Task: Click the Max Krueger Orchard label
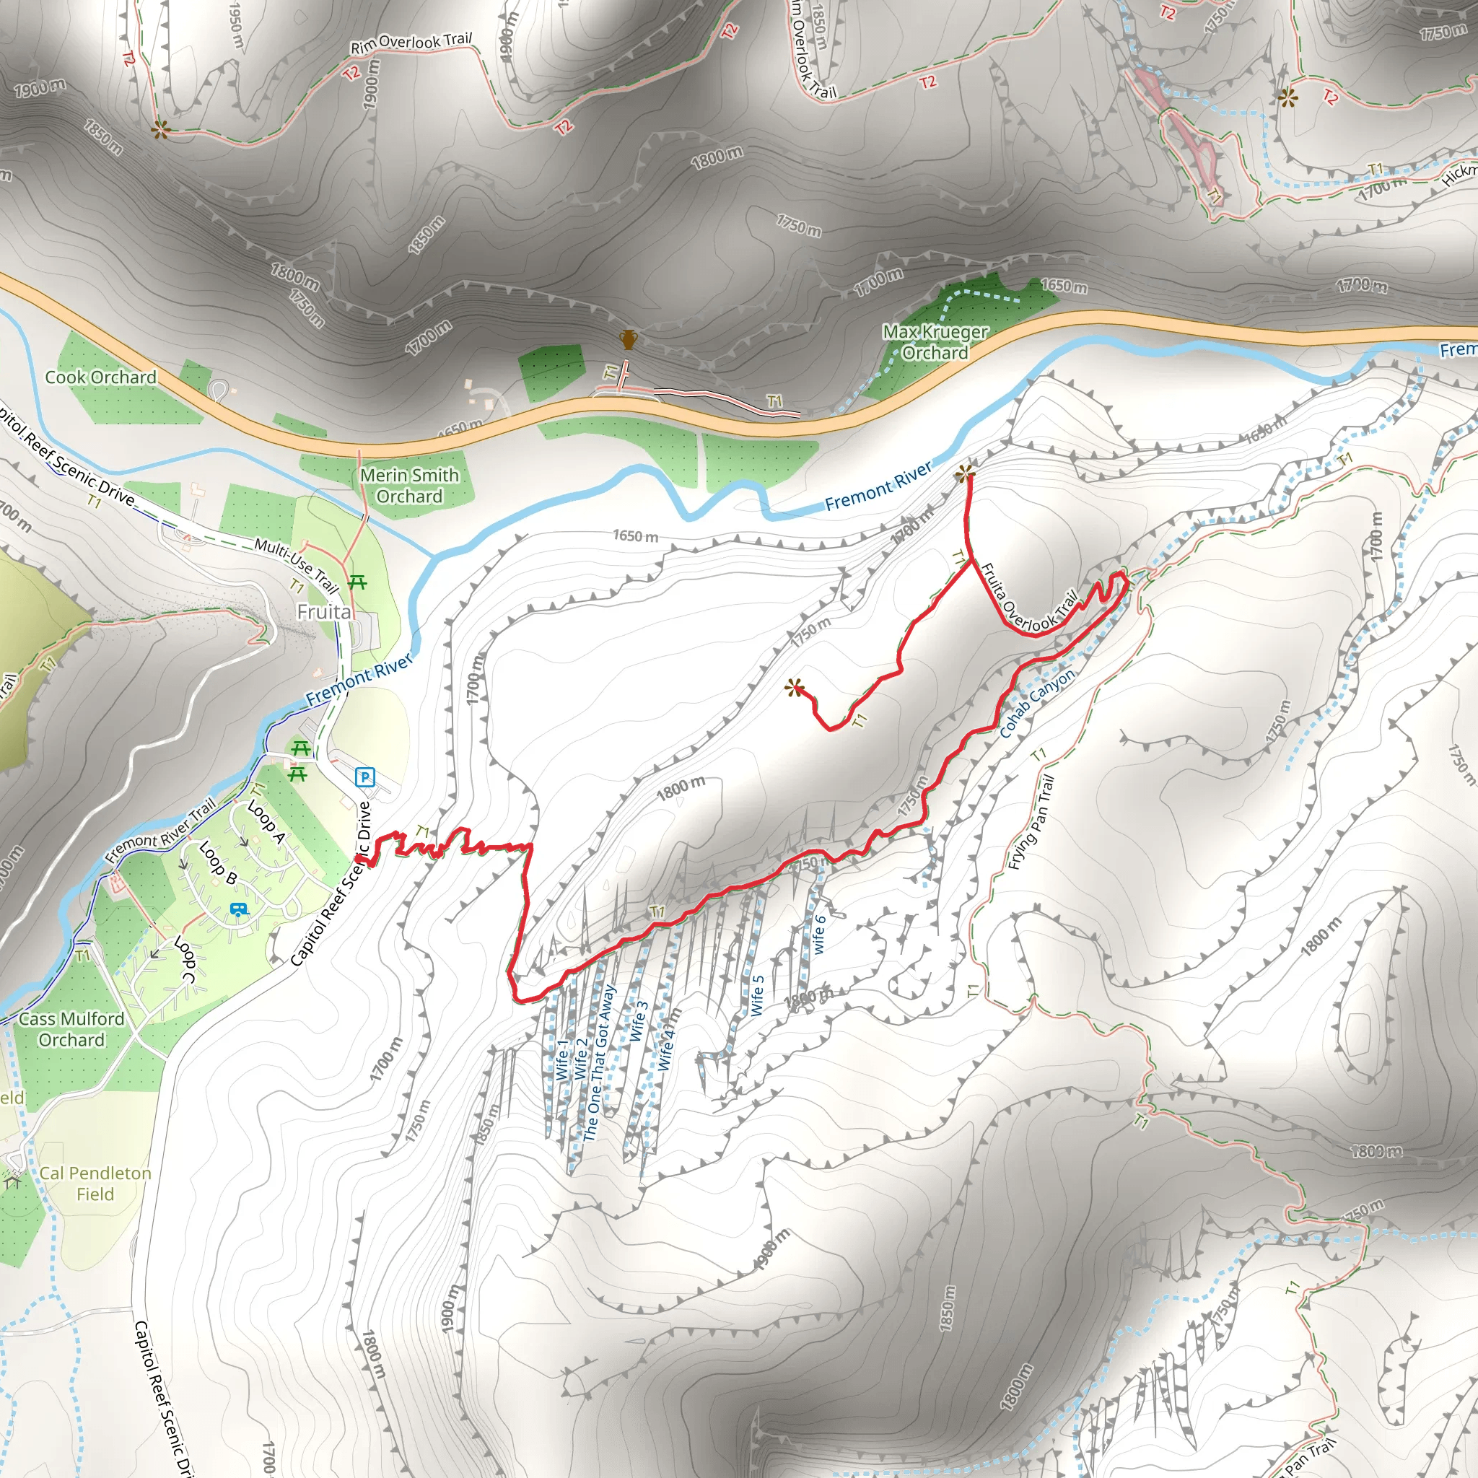(x=935, y=342)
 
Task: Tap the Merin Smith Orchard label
(x=409, y=486)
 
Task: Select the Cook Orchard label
(x=100, y=377)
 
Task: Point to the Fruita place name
(x=324, y=612)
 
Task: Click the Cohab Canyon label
(x=1036, y=703)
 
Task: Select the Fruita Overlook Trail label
(x=1028, y=599)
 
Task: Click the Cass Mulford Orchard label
(x=72, y=1029)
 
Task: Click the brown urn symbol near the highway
(x=628, y=339)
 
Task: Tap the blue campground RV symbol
(x=240, y=909)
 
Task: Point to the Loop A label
(x=266, y=821)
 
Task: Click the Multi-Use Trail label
(x=296, y=565)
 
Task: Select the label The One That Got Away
(x=599, y=1063)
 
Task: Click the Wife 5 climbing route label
(x=756, y=995)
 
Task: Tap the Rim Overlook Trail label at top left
(x=411, y=43)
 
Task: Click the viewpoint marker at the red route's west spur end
(x=795, y=688)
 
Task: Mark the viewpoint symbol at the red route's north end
(x=966, y=474)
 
